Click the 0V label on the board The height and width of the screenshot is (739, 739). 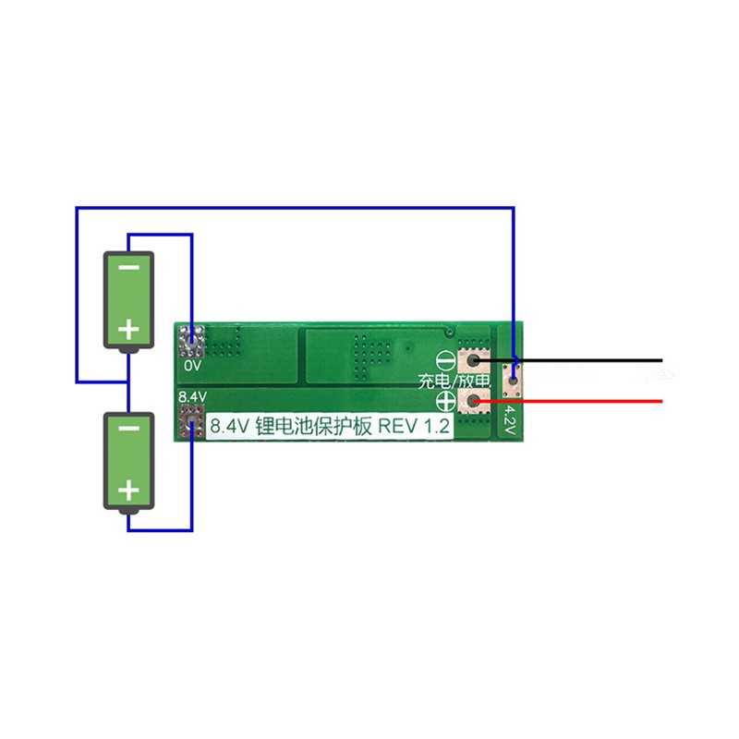click(x=192, y=366)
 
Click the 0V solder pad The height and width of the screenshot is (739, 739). click(x=192, y=342)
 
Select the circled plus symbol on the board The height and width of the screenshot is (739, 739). click(x=443, y=400)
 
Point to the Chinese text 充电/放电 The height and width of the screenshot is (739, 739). click(x=454, y=381)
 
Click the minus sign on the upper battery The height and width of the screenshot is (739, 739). click(x=129, y=268)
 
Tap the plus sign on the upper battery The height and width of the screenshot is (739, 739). click(x=129, y=327)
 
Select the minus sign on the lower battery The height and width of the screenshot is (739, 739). click(x=129, y=429)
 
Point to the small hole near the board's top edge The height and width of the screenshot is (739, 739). click(x=449, y=330)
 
